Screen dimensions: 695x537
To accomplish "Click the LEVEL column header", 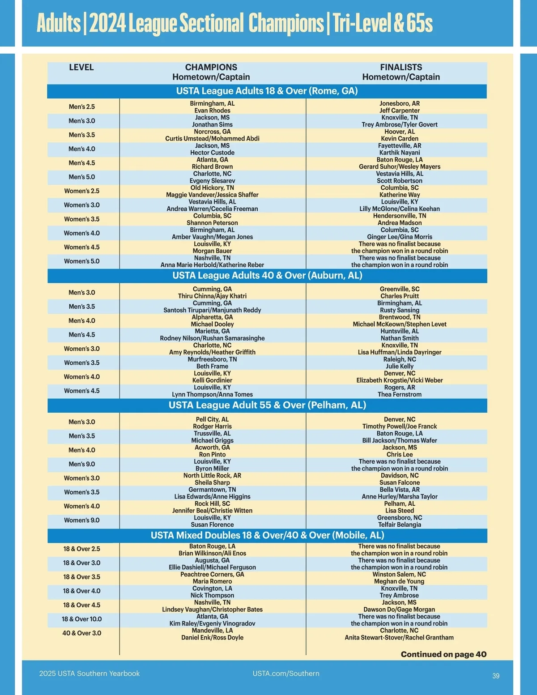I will tap(81, 68).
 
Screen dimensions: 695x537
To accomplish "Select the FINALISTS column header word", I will tap(401, 68).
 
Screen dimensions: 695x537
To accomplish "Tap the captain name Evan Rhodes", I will tap(212, 111).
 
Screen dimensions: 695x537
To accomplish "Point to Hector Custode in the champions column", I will tap(212, 153).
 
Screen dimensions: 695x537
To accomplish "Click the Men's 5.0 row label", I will tap(82, 177).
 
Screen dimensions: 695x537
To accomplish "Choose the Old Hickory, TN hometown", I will tap(212, 188).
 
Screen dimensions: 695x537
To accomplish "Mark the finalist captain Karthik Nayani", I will tap(400, 153).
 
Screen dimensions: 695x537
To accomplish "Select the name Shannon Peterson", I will tap(212, 223).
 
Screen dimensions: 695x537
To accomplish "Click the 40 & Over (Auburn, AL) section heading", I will tap(267, 276).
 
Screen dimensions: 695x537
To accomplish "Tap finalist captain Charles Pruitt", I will tap(400, 296).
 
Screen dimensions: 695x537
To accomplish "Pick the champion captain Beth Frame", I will tap(212, 367).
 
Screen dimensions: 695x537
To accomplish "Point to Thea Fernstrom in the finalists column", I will tap(400, 395).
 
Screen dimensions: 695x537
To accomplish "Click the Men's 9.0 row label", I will tap(82, 465).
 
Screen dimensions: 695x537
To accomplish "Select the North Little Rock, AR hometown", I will tap(212, 476).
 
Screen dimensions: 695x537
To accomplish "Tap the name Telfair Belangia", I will tap(400, 525).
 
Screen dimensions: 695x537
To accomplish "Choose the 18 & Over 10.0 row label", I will tap(82, 619).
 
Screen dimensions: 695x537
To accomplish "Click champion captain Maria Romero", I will tap(212, 582).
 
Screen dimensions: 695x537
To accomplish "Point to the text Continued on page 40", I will tap(443, 654).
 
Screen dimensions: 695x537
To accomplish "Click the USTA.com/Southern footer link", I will tap(286, 674).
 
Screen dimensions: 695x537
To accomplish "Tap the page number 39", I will tap(496, 676).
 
